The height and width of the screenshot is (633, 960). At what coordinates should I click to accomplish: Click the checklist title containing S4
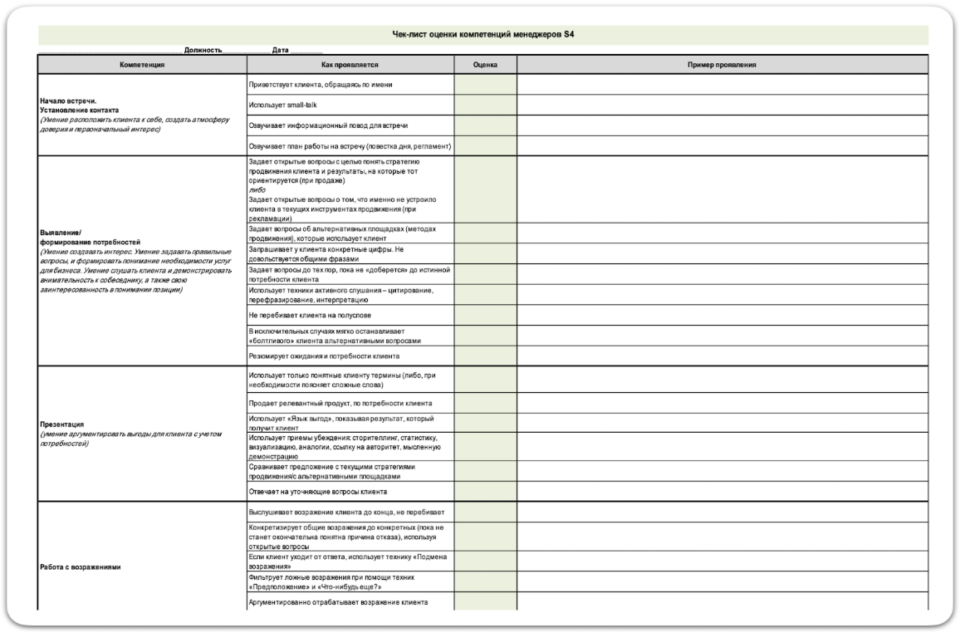tap(482, 34)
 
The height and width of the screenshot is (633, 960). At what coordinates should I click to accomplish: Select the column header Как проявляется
tap(350, 64)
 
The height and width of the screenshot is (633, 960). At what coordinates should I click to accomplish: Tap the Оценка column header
tap(485, 64)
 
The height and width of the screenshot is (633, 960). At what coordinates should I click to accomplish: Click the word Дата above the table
tap(280, 51)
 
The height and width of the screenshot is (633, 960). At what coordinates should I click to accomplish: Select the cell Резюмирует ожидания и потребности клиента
tap(324, 356)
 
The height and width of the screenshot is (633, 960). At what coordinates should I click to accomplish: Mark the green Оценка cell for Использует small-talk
tap(485, 105)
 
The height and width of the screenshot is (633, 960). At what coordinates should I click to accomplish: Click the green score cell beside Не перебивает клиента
tap(485, 316)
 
